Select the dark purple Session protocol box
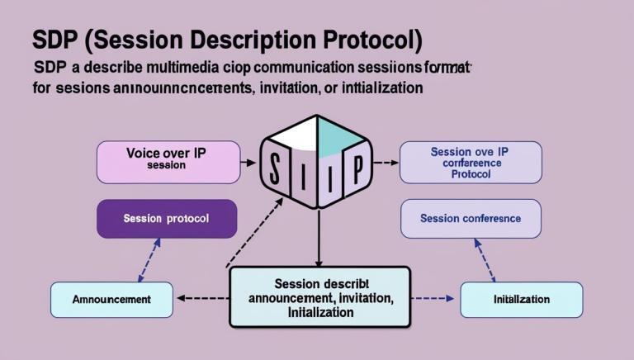[166, 219]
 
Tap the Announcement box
[111, 300]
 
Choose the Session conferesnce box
[471, 219]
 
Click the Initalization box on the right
[521, 300]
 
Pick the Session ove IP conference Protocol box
[471, 162]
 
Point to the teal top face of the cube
[338, 132]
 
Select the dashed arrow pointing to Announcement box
[202, 297]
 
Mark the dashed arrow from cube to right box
[384, 163]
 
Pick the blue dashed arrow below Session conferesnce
[485, 260]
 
